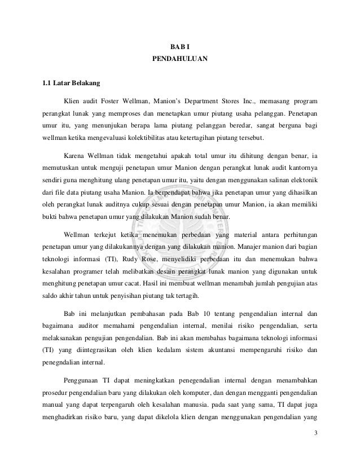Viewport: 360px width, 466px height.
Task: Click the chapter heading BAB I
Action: coord(180,46)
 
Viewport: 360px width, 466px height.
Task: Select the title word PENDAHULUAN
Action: coord(180,58)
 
